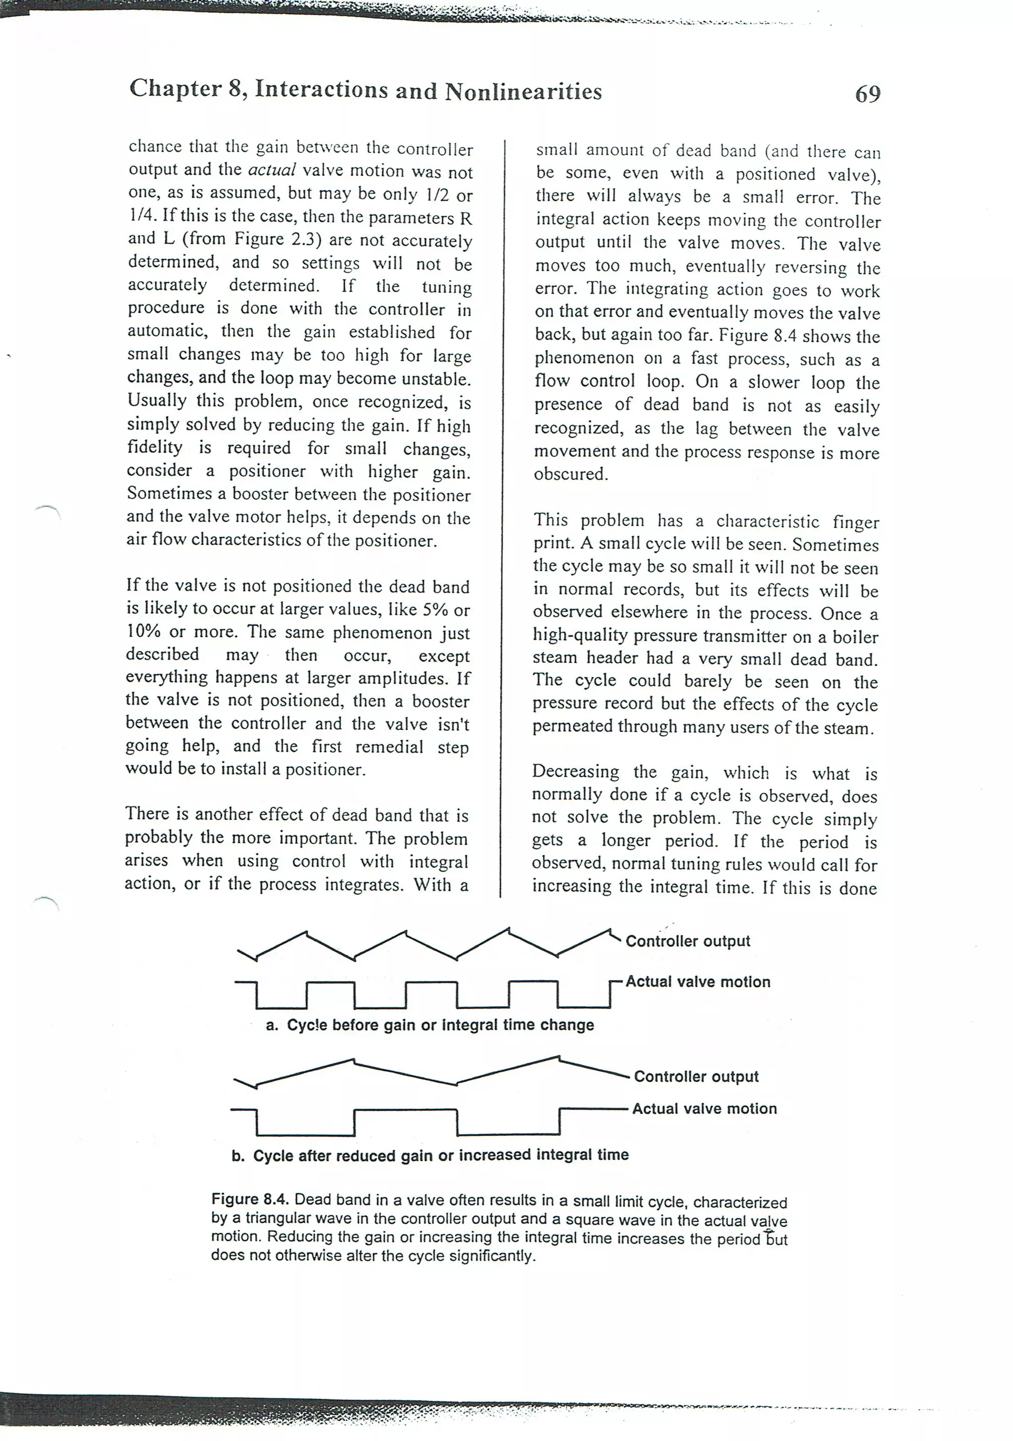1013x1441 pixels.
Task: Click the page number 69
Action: pyautogui.click(x=868, y=94)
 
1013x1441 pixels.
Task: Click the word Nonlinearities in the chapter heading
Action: pyautogui.click(x=523, y=93)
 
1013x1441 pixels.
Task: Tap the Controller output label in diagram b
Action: pyautogui.click(x=695, y=1077)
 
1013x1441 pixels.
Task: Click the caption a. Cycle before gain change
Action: pyautogui.click(x=429, y=1025)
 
